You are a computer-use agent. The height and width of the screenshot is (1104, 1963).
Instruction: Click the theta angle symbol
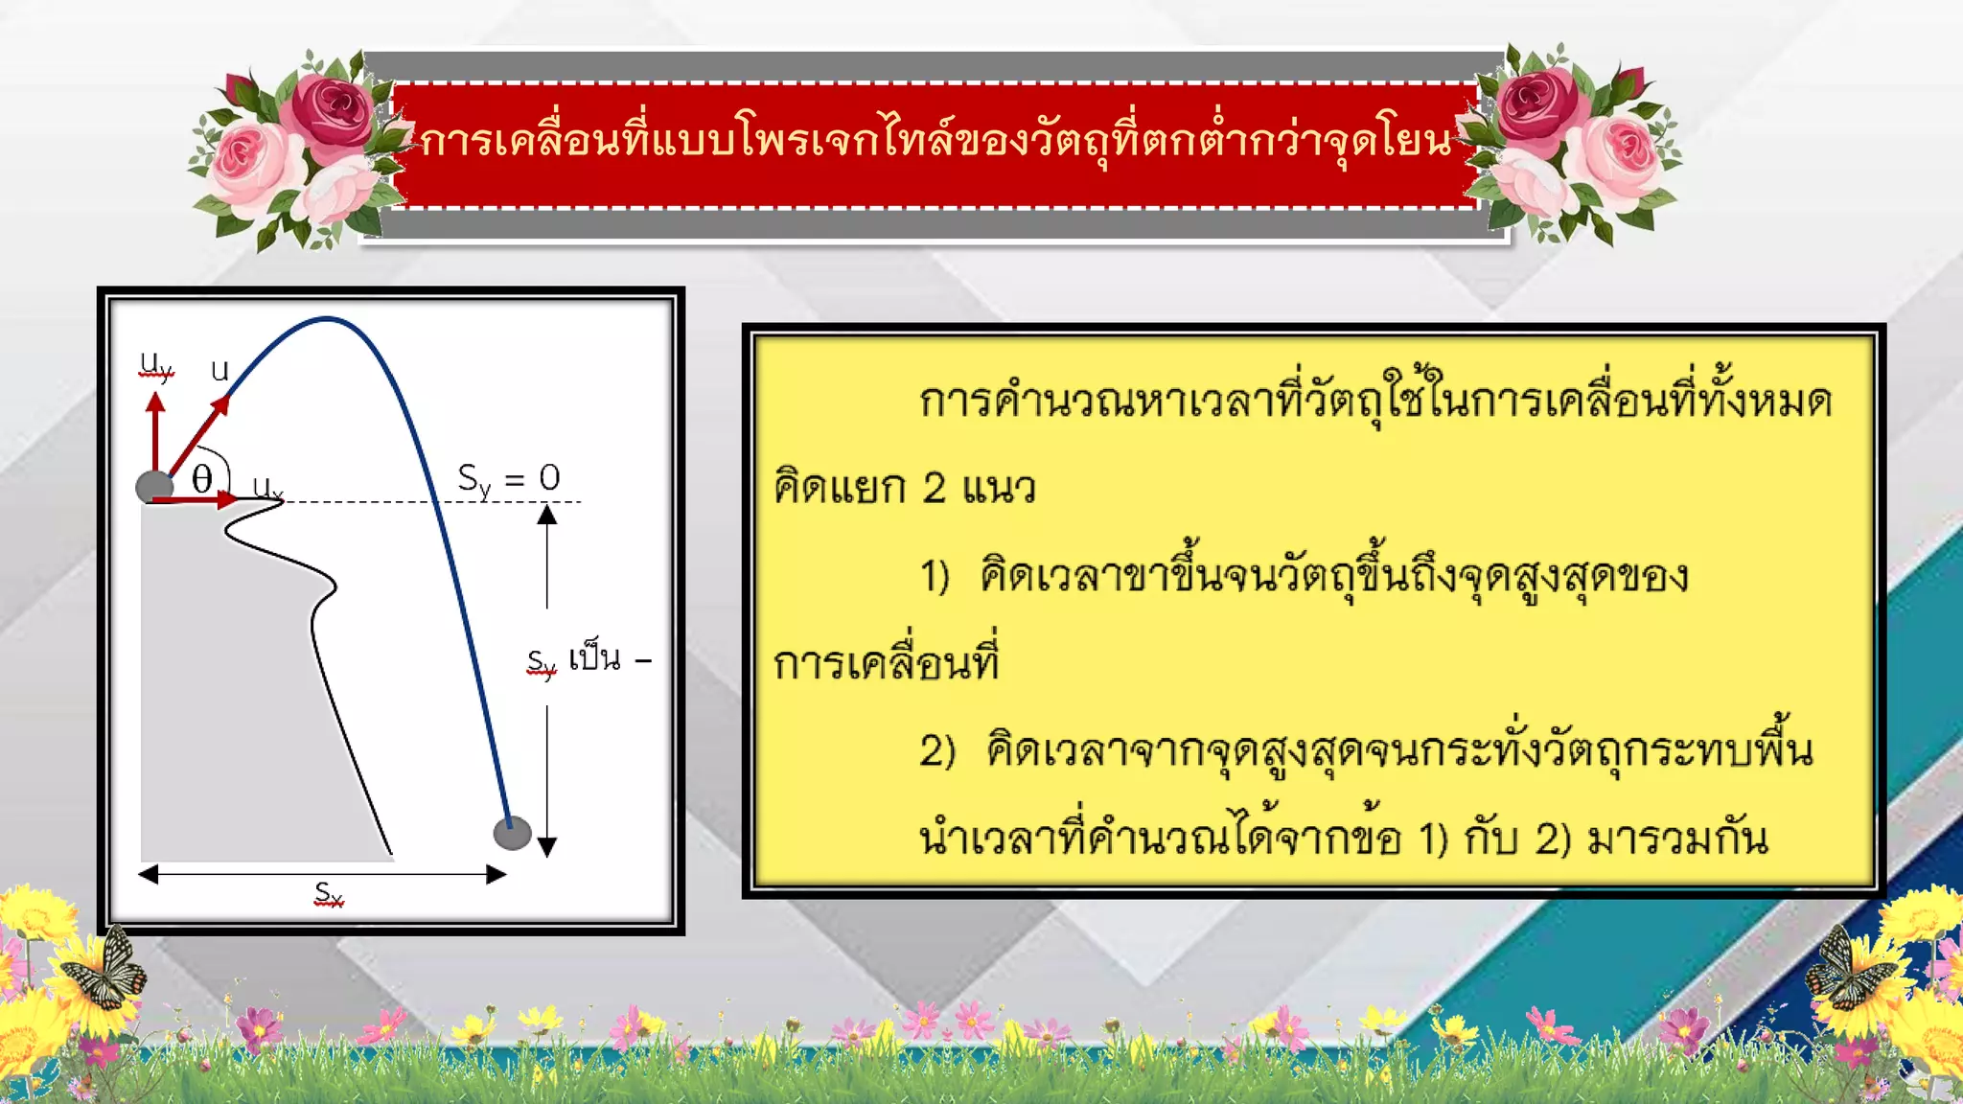201,478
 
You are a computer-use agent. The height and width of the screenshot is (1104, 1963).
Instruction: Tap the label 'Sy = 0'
508,478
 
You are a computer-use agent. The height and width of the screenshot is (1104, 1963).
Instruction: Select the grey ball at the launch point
154,487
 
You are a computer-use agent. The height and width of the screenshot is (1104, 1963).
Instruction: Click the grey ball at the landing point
512,833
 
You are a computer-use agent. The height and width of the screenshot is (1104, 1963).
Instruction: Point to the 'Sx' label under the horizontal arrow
329,894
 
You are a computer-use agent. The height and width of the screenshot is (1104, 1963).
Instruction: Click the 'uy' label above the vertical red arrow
156,365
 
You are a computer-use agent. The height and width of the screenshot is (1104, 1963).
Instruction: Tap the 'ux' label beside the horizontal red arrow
267,488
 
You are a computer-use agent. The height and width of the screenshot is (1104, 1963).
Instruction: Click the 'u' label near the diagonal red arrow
219,370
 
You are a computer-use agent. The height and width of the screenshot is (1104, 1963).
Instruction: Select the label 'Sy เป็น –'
588,660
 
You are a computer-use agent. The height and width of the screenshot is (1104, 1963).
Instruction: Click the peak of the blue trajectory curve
327,318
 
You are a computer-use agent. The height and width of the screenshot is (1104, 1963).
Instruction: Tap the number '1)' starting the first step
935,577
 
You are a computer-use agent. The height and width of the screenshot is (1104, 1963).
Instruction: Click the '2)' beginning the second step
937,751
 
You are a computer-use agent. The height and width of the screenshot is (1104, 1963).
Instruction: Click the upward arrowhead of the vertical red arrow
155,401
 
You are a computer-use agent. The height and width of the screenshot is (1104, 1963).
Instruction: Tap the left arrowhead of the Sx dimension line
148,874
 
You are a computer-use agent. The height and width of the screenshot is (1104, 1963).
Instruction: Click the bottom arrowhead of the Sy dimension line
547,846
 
